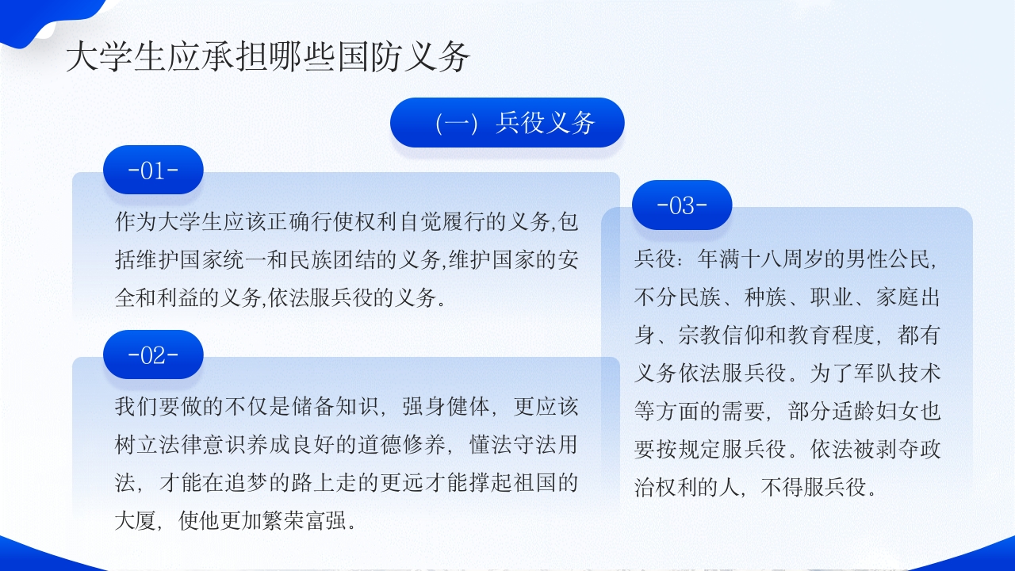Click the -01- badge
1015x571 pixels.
coord(153,170)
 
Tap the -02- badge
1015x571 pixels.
coord(153,354)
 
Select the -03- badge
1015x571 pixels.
coord(682,205)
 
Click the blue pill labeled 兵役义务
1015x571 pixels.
coord(507,123)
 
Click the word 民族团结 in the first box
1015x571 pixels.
coord(362,260)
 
